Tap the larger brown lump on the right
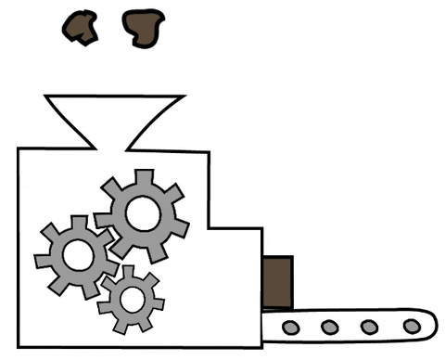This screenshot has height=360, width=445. [x=143, y=29]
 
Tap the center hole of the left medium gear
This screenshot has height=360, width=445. [x=76, y=255]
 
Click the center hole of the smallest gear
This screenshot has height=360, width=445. [x=132, y=299]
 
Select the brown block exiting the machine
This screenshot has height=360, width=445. [x=277, y=283]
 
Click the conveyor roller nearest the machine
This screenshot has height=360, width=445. [x=290, y=327]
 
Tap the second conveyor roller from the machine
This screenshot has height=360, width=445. [x=329, y=327]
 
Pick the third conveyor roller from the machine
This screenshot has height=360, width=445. [x=370, y=327]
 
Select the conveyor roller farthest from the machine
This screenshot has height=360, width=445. [x=411, y=326]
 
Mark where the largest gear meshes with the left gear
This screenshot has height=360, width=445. [x=105, y=238]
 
